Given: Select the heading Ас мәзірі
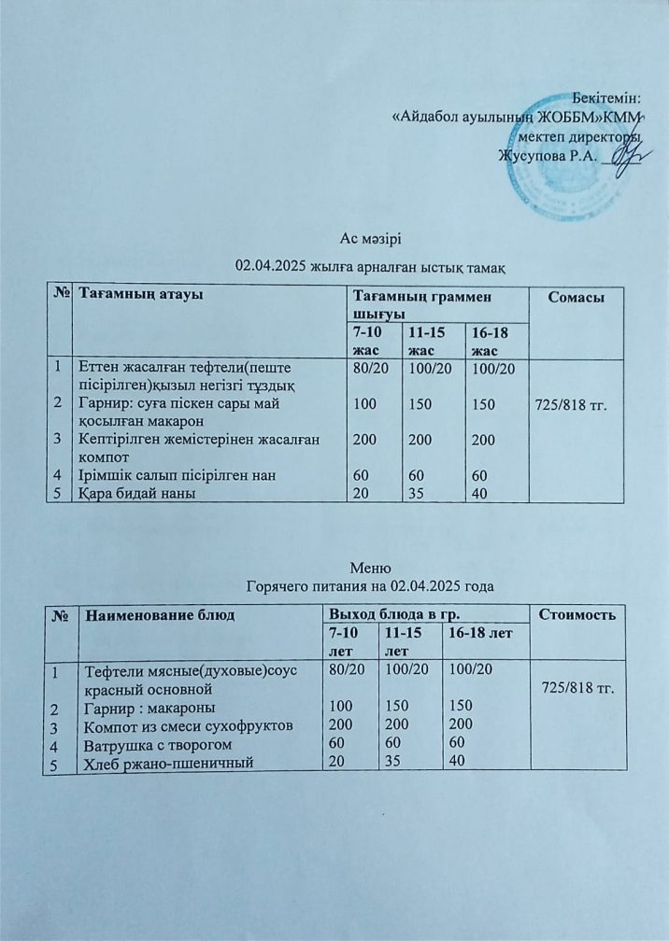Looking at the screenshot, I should point(370,244).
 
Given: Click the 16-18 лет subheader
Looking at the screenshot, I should point(479,635).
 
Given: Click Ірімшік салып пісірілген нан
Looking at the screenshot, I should point(177,475).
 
